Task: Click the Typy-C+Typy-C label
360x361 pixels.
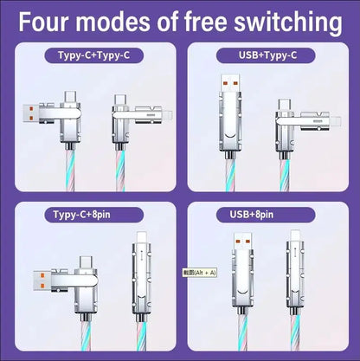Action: point(95,57)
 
